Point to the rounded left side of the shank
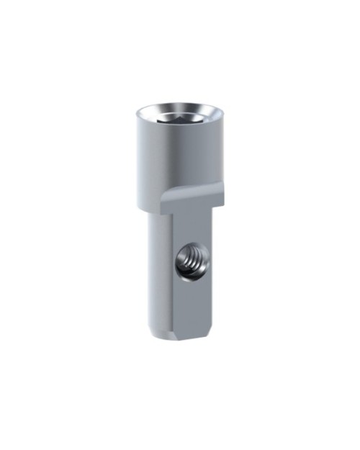(156, 274)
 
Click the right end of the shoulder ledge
(220, 190)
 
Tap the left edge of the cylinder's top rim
(136, 114)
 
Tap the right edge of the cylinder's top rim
(222, 114)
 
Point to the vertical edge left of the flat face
(172, 274)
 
